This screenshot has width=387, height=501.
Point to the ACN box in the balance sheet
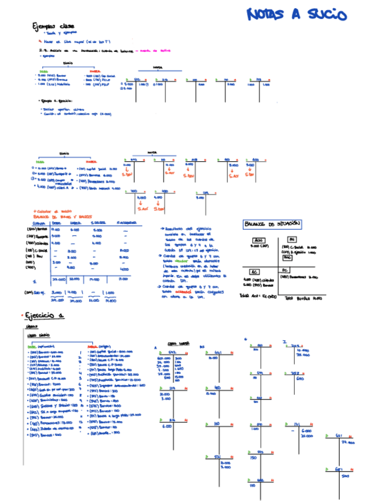(258, 240)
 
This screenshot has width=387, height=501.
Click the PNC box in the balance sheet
(287, 258)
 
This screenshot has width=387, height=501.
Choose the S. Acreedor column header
(126, 223)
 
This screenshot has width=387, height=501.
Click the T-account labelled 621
(339, 437)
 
